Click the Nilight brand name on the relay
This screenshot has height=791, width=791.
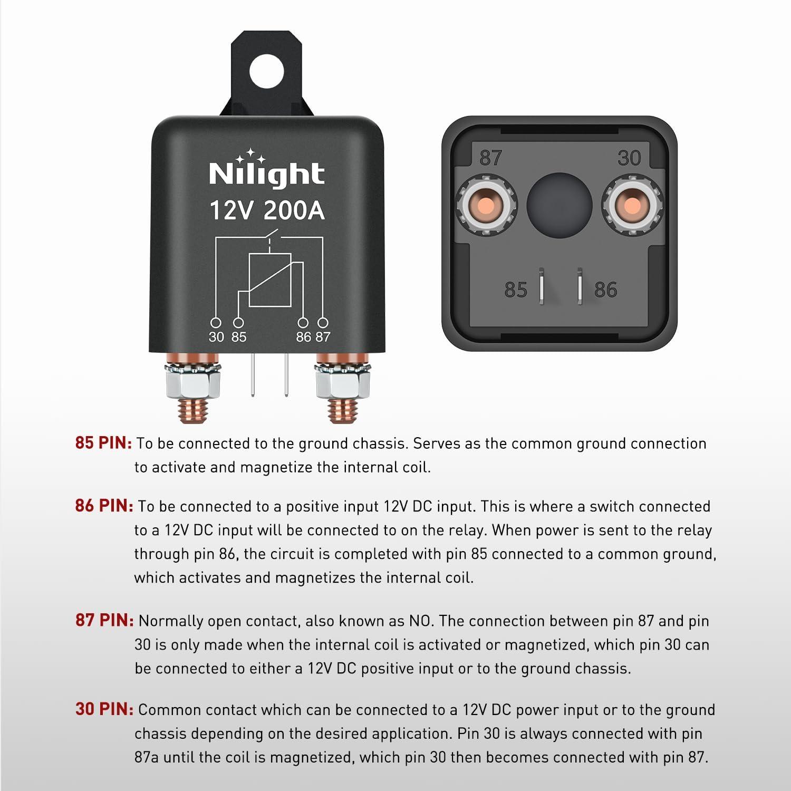[266, 173]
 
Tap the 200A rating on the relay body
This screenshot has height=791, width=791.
[294, 210]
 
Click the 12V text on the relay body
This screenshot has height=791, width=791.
[231, 210]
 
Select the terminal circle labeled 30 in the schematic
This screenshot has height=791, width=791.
[216, 323]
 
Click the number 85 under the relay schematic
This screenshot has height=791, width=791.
[239, 337]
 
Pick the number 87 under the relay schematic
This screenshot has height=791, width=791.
[323, 337]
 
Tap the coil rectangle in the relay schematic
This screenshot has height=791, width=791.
[269, 279]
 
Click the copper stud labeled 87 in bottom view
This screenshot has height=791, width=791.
[486, 205]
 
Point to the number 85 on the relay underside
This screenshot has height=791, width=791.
[515, 290]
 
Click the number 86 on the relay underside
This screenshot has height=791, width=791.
[605, 290]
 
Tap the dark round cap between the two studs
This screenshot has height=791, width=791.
[559, 205]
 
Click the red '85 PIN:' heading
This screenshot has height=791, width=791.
[103, 443]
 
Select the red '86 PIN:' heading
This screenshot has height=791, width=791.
[104, 506]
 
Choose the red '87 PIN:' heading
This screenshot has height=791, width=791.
[104, 620]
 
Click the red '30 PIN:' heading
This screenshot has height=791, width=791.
[104, 709]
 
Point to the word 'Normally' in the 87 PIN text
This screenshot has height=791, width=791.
[170, 621]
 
